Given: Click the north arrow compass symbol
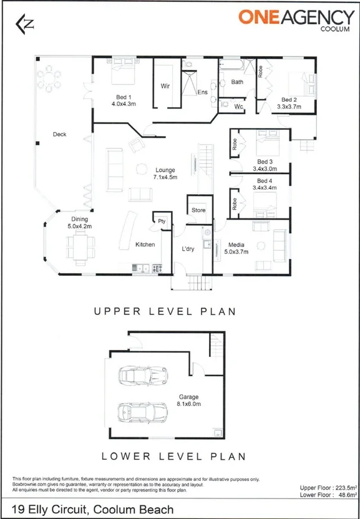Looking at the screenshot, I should tap(25, 23).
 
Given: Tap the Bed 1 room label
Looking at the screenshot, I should tap(124, 97).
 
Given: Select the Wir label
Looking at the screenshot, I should tap(165, 86).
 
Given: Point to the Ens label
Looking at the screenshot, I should tap(202, 92).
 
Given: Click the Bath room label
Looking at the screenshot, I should tap(237, 82).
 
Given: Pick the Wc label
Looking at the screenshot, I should tap(238, 107).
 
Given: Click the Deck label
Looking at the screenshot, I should tap(59, 134).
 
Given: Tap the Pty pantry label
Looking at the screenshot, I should tap(161, 221).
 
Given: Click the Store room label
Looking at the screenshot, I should tap(198, 210).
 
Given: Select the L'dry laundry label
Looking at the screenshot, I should tap(188, 249).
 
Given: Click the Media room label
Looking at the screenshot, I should tap(236, 245).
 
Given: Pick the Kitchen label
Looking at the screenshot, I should tap(145, 245).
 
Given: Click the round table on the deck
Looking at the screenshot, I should tap(49, 79).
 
